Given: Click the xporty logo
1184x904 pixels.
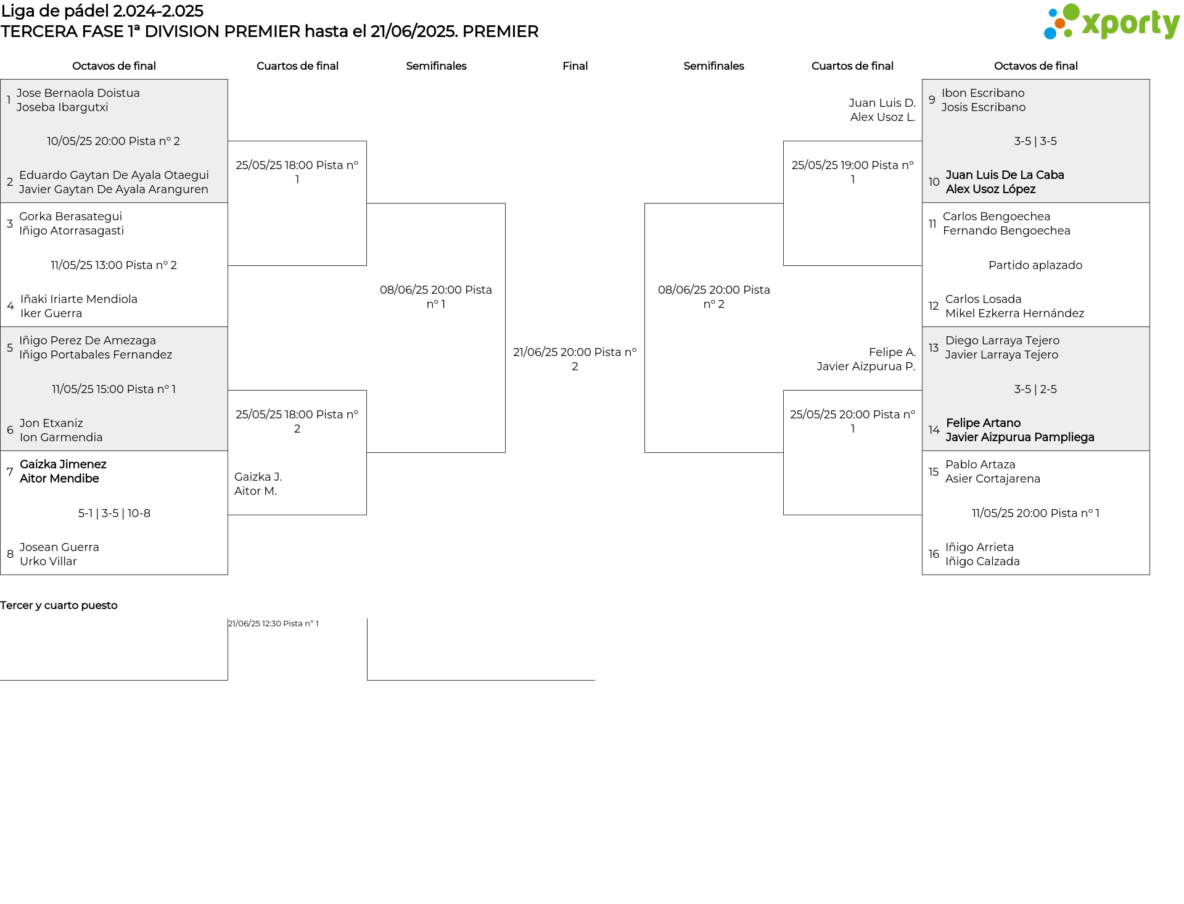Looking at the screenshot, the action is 1111,22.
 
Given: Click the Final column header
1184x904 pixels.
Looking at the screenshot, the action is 575,66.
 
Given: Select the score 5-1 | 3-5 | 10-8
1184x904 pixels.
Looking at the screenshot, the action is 114,513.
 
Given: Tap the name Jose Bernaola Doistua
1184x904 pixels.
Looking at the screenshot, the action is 78,93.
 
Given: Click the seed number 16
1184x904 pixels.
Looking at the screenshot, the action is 934,554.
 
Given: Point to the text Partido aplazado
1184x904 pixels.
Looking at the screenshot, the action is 1035,265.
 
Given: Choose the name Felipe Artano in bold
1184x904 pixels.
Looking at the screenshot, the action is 983,423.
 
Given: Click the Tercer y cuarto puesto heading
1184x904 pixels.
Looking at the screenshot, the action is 59,605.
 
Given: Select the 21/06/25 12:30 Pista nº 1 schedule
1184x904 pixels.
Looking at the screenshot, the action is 273,624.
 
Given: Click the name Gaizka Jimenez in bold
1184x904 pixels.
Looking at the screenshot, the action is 63,465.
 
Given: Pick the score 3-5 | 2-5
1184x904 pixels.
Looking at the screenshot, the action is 1035,389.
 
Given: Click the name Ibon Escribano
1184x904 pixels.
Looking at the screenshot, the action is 983,93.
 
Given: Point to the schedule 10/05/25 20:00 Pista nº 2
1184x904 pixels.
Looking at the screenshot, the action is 113,141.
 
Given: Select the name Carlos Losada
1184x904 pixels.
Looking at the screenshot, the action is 984,299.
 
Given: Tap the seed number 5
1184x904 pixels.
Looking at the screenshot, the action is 10,348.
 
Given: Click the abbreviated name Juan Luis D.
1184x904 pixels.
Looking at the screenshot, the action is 882,103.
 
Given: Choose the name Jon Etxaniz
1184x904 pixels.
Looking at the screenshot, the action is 51,423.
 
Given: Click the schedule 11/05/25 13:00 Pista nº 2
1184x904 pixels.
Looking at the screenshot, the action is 113,265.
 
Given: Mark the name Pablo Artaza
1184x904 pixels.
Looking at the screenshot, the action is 980,465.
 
